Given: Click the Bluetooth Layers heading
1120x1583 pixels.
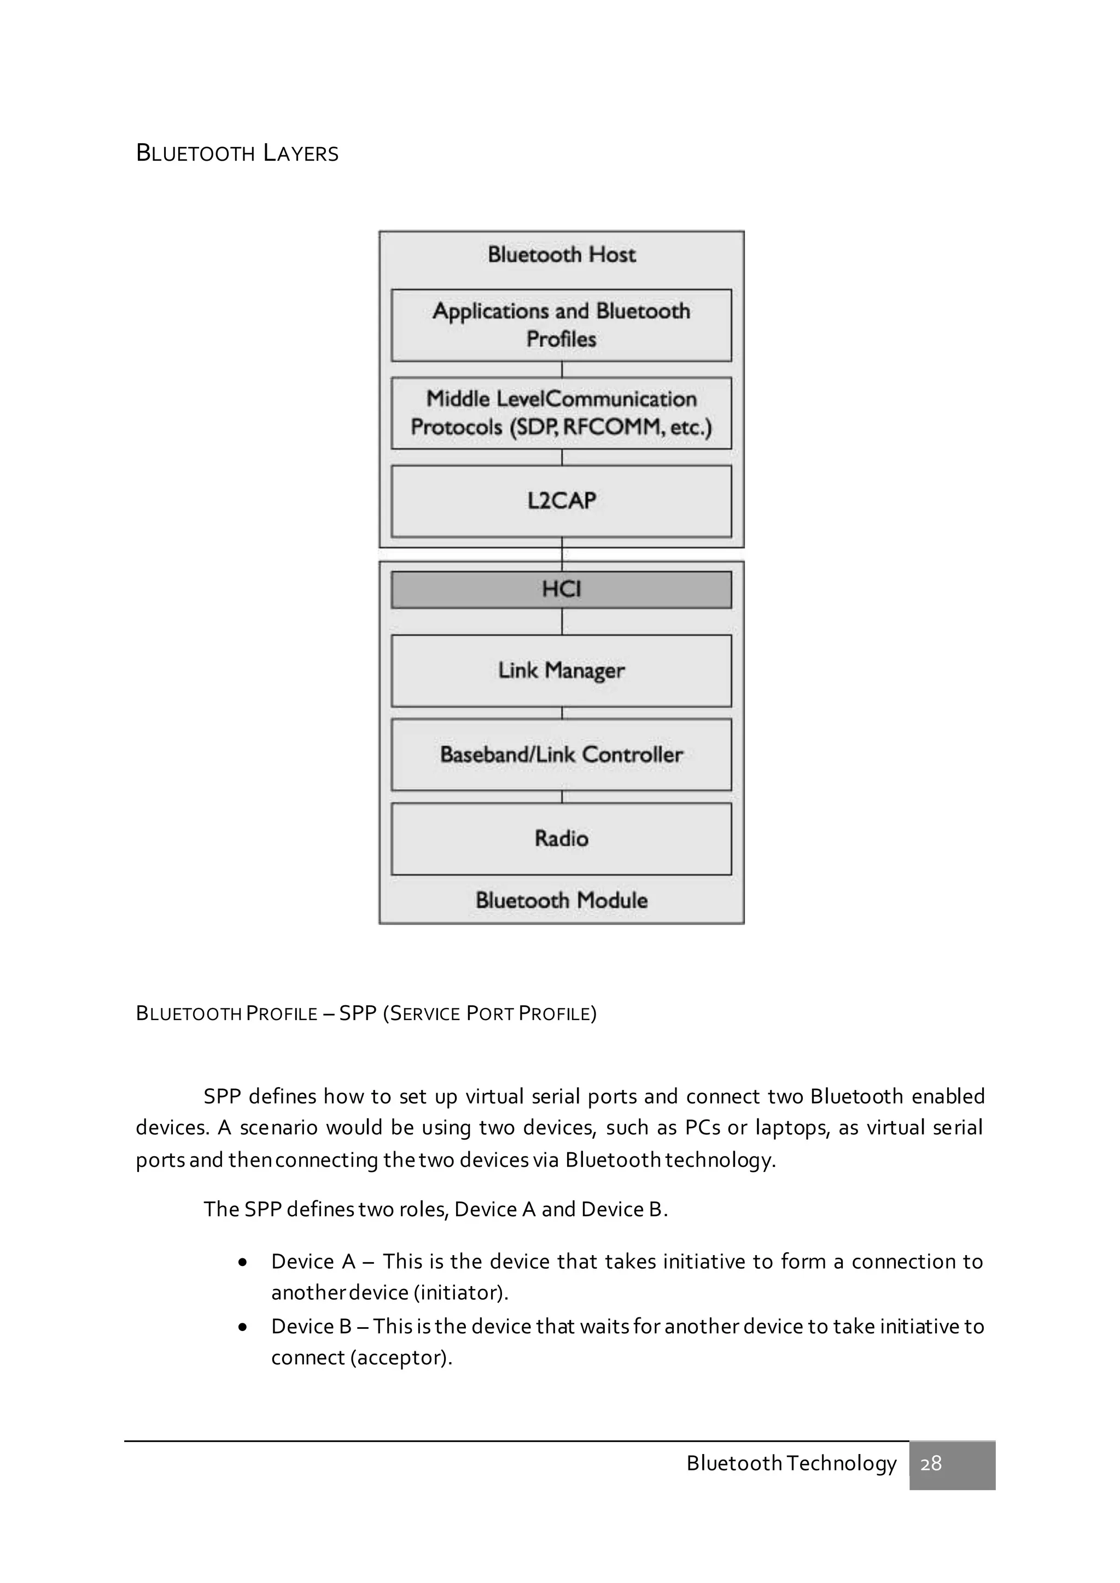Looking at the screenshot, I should [237, 153].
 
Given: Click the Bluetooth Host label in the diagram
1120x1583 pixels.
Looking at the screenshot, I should [562, 254].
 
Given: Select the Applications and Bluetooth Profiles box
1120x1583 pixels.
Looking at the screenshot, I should [562, 325].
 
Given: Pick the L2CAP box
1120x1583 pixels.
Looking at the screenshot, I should [562, 501].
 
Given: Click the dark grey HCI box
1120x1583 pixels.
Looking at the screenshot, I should [562, 589].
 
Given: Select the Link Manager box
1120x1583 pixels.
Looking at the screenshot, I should [562, 670].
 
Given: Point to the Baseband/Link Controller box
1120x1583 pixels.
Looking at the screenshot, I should [562, 754].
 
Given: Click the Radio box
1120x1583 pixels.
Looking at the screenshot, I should [562, 839].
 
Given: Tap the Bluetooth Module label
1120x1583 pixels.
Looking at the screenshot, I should [562, 900].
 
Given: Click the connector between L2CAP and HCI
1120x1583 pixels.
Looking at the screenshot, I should [562, 554].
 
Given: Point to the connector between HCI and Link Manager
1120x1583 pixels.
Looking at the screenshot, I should [562, 621].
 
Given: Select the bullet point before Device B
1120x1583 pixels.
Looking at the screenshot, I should [242, 1328].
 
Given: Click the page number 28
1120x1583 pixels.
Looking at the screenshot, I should [931, 1463].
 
